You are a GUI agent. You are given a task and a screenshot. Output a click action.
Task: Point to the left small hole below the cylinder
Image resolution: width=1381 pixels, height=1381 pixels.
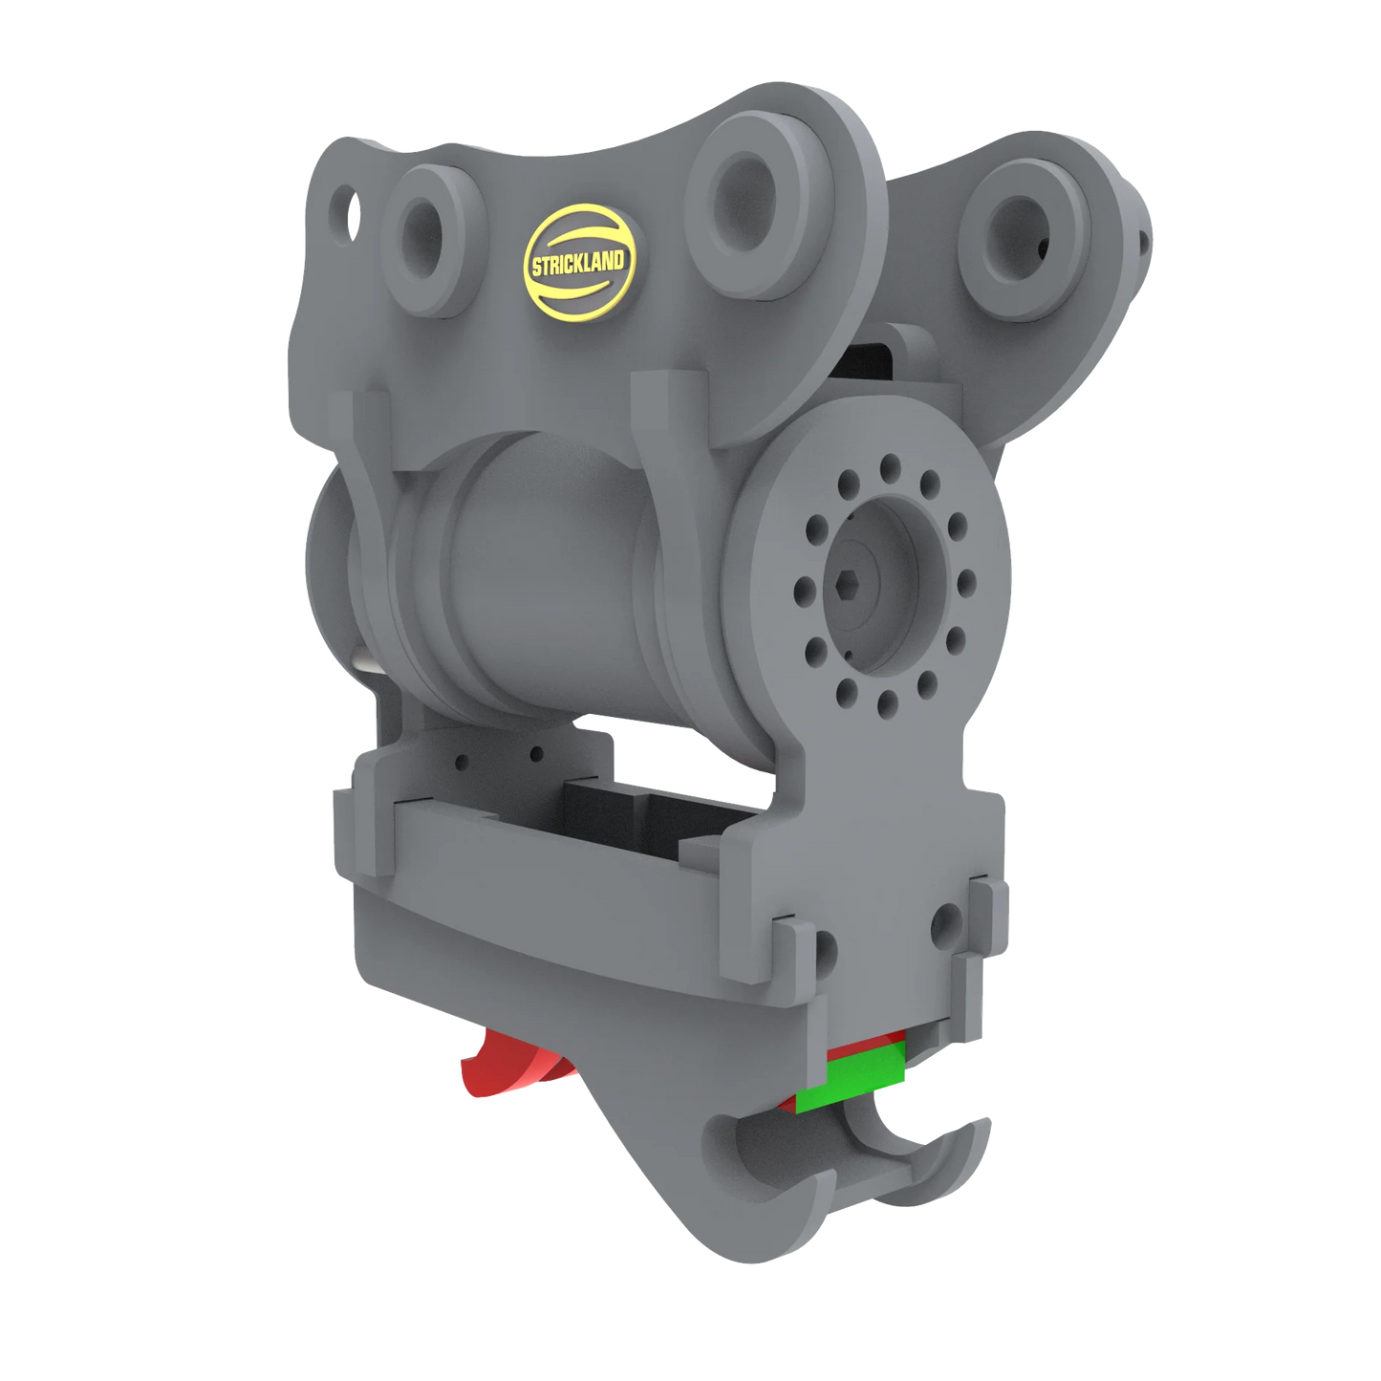pos(463,763)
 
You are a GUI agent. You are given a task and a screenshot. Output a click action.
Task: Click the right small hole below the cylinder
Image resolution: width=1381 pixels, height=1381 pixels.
pos(537,752)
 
